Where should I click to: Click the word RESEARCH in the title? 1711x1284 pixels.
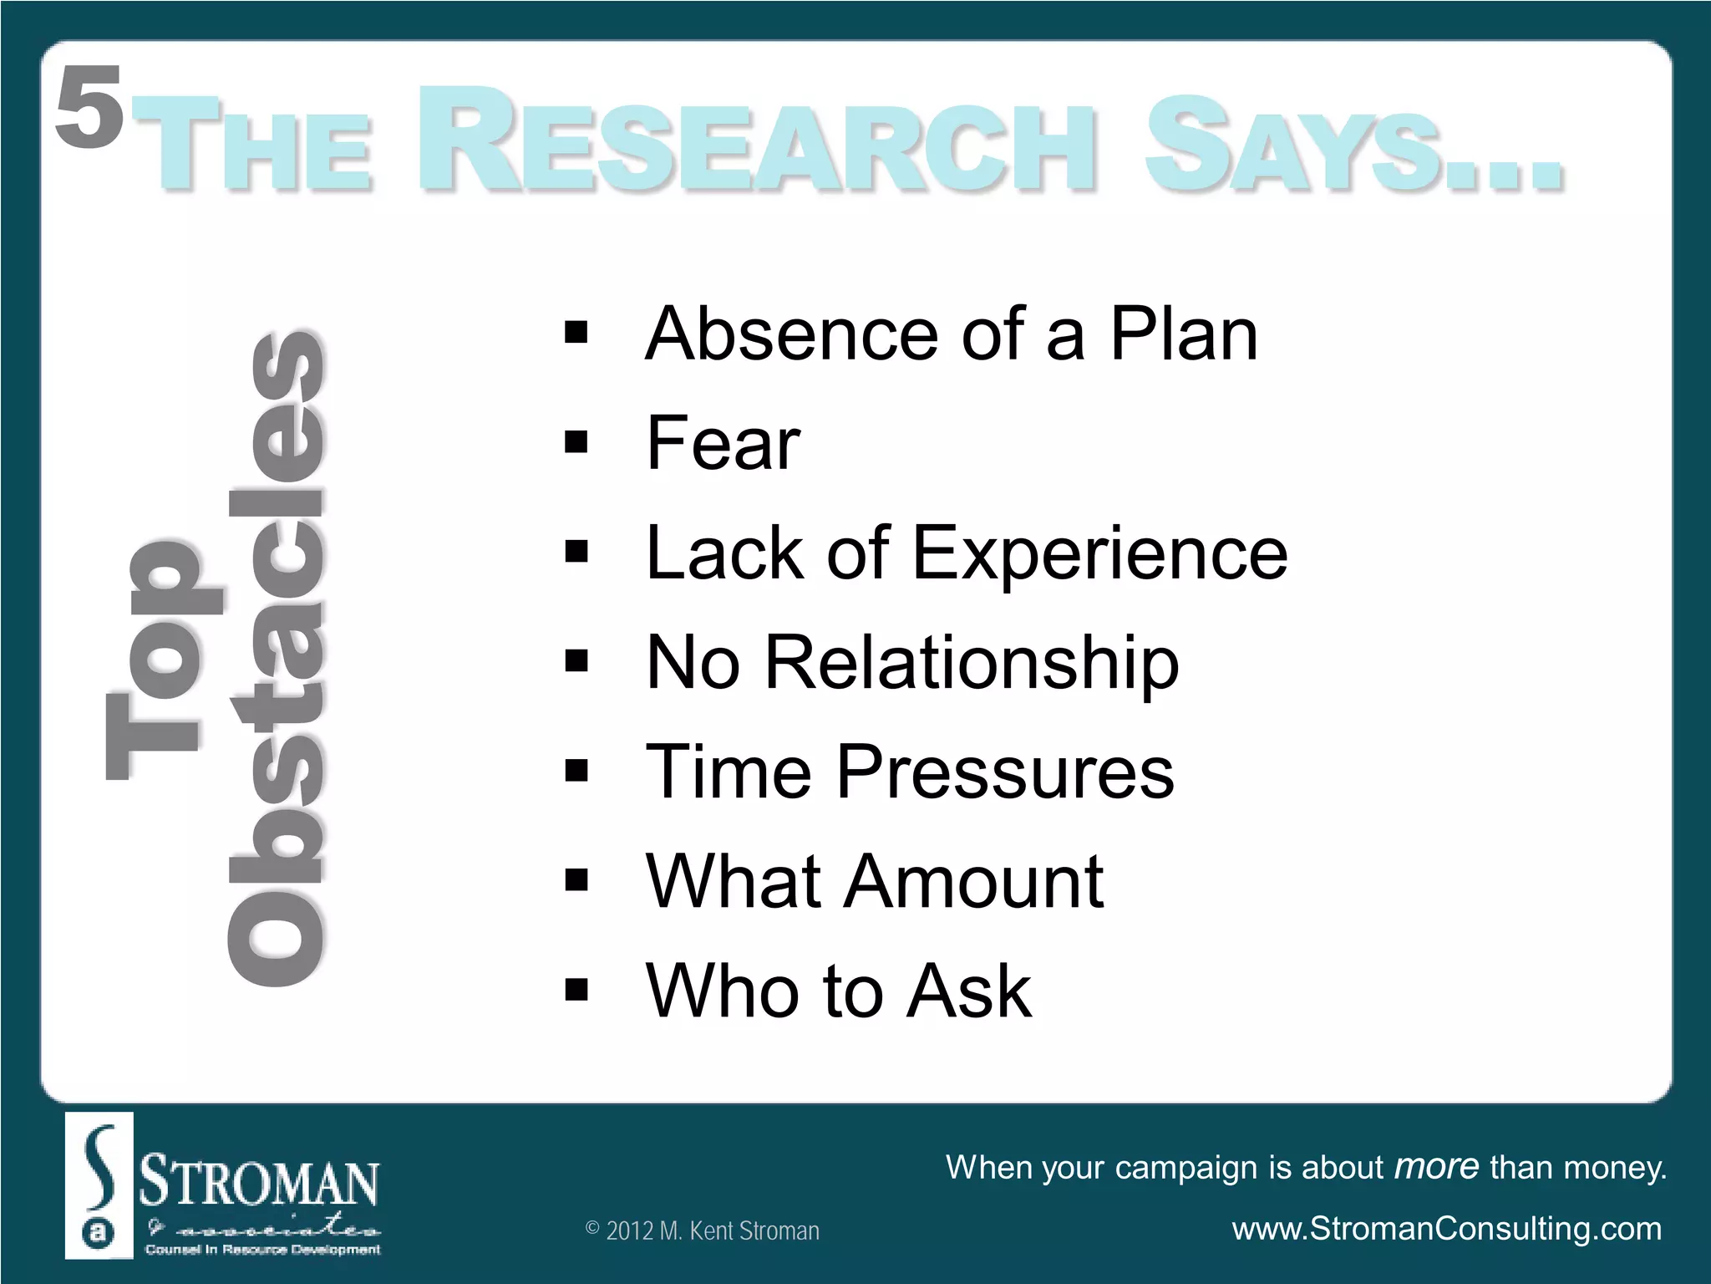756,140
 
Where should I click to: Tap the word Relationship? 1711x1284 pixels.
971,663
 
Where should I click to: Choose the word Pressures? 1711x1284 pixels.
1005,772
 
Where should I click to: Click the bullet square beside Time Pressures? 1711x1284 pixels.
576,772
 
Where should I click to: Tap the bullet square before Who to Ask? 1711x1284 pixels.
576,991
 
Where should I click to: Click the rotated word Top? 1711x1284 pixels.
163,660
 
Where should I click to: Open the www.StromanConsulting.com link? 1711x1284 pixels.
1446,1230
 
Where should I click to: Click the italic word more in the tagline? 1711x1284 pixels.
1437,1167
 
